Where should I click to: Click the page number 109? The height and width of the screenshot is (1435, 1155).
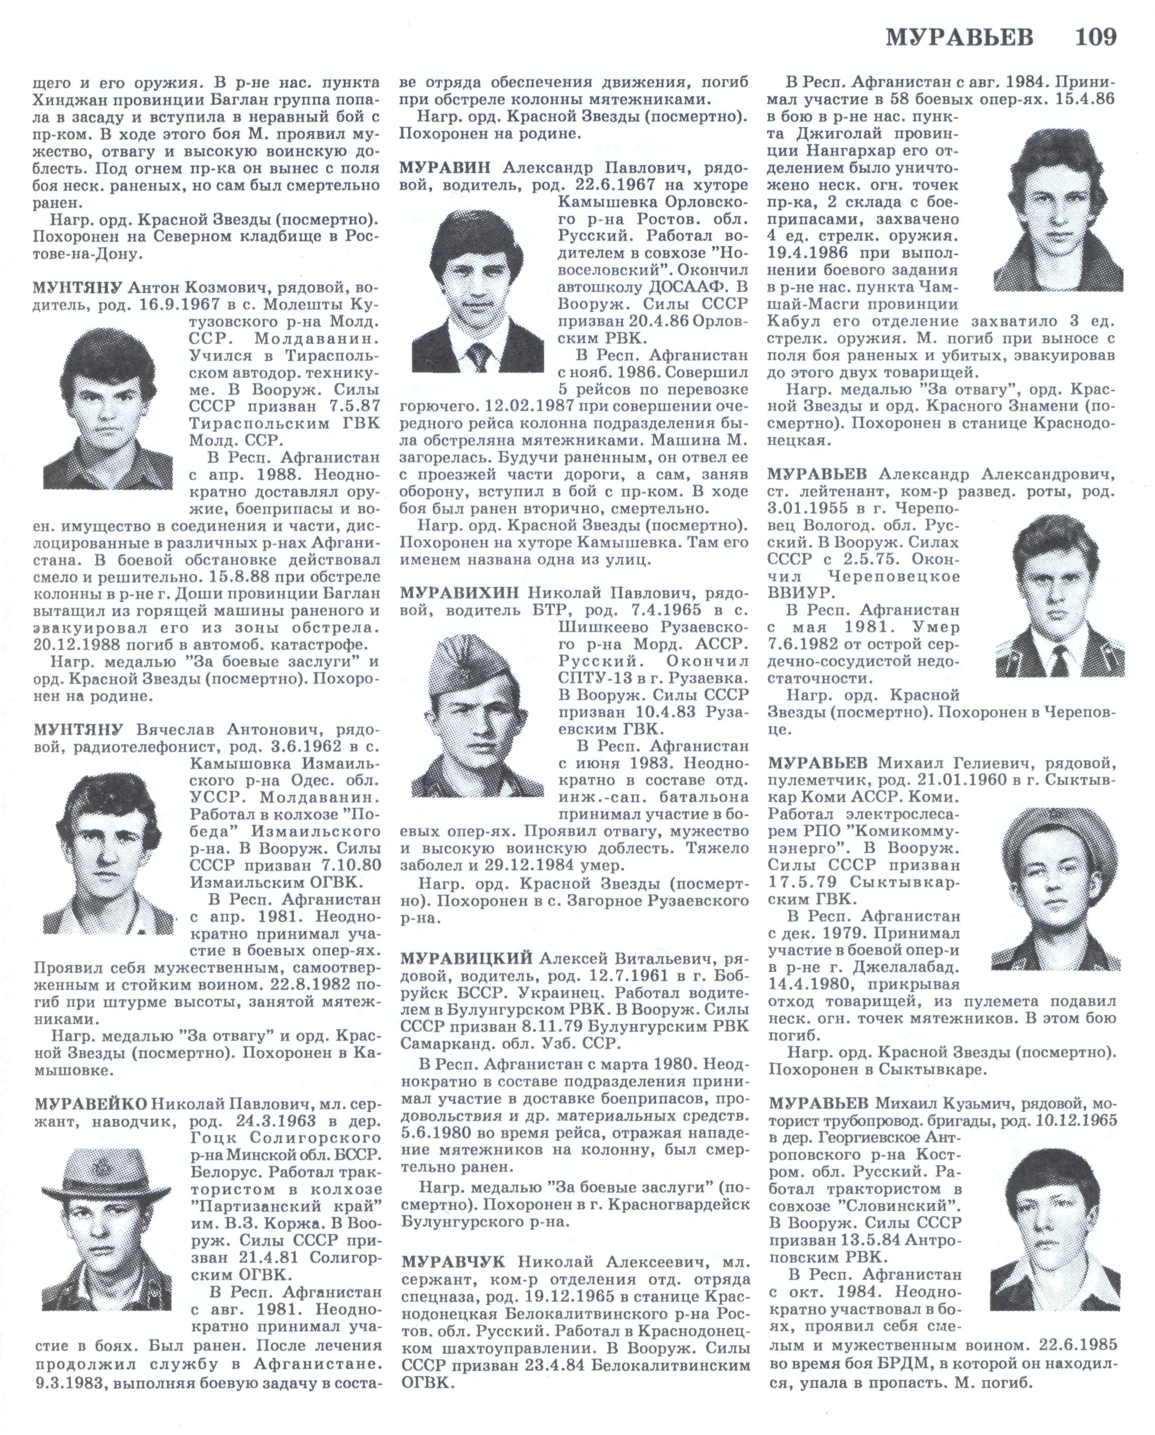coord(1096,37)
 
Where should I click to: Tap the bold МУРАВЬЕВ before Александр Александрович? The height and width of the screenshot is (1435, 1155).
coord(817,474)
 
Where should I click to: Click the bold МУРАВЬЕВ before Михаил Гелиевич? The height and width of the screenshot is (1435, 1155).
coord(817,762)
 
